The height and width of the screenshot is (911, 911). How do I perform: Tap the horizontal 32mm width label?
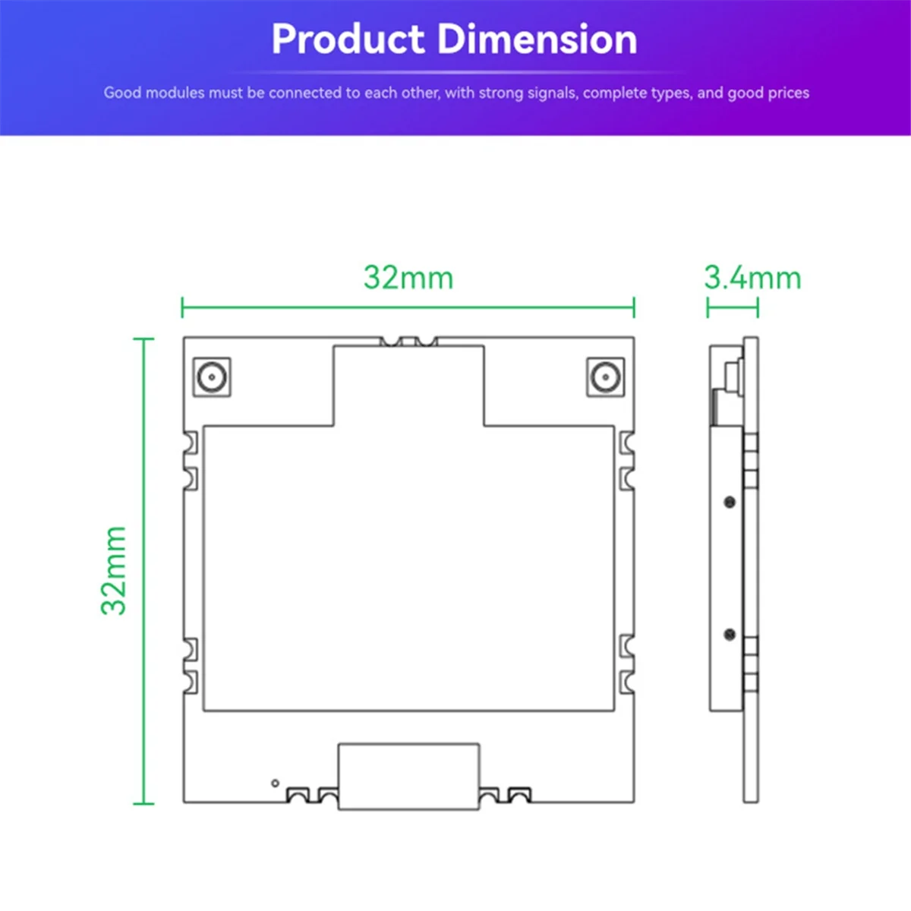pos(408,278)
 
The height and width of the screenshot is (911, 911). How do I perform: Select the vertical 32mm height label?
pos(115,570)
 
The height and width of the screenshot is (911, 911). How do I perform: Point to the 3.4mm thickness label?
pos(752,278)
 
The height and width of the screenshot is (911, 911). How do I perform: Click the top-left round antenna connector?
pos(212,377)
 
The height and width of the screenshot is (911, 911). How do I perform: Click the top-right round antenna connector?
pos(605,377)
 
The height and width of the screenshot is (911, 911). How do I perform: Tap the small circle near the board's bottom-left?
pos(275,783)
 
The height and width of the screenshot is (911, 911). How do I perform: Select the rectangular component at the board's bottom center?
pos(408,776)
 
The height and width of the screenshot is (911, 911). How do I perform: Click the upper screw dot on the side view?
pos(730,502)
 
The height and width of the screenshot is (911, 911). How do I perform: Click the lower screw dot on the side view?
pos(730,634)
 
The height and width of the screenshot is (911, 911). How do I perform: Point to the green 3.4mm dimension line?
pos(733,307)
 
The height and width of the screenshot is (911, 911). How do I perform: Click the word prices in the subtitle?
pos(788,93)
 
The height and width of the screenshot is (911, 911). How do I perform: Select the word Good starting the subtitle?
pos(122,93)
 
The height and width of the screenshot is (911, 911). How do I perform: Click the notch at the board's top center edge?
pos(408,342)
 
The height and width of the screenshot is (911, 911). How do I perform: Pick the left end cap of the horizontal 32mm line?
pos(182,307)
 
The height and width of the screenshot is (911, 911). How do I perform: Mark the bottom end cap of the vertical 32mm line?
pos(143,802)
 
